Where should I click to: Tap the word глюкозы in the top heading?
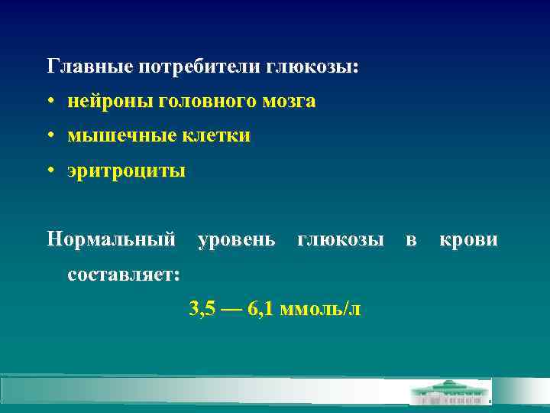312,67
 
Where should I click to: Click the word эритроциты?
126,171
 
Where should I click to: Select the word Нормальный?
111,240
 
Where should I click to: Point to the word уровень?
237,240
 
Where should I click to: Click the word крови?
468,240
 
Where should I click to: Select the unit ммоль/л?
321,309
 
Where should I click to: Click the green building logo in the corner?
451,392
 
